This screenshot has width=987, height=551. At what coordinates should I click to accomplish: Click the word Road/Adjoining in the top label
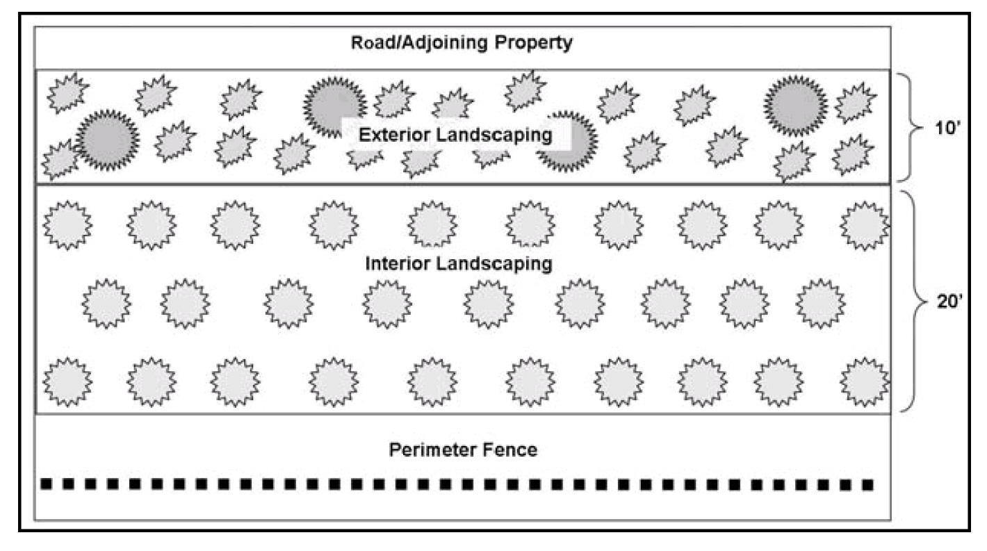419,43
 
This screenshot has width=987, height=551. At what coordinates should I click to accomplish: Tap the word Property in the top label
533,43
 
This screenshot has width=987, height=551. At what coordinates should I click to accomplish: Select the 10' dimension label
947,128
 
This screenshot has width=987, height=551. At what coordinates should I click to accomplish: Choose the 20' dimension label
950,302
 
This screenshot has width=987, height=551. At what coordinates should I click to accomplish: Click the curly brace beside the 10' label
911,127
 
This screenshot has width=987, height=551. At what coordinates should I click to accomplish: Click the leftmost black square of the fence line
47,484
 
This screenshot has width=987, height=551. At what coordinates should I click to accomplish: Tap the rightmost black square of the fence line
867,485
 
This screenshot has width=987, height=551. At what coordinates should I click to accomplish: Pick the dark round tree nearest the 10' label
795,106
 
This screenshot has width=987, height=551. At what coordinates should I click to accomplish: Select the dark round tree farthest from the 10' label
107,140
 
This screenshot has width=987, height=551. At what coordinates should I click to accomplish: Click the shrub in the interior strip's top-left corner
67,225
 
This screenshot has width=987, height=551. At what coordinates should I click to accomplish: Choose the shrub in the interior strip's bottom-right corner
865,382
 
